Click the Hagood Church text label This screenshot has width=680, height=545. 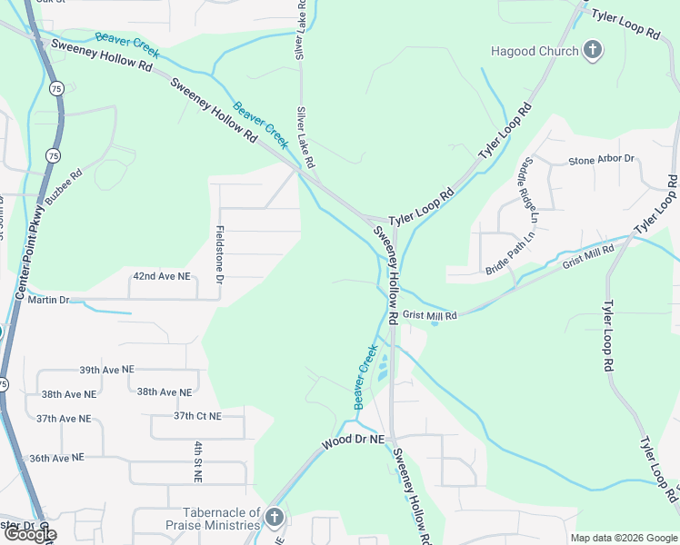(535, 51)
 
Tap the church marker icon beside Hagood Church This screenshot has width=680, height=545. (593, 50)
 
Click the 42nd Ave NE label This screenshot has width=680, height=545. (162, 275)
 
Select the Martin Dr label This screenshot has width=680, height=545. (48, 300)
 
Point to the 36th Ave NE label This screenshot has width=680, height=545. (56, 458)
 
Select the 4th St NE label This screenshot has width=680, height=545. (197, 461)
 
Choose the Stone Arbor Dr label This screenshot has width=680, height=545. (601, 160)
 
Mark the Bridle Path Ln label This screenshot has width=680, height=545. (511, 253)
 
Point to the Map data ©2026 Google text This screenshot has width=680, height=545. (624, 538)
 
